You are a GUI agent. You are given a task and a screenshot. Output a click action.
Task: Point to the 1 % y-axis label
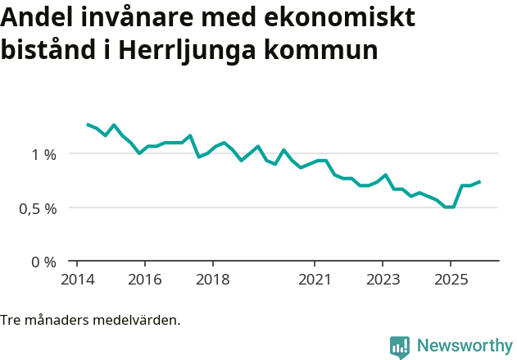44,153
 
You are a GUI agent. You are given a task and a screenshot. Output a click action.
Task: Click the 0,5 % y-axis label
39,208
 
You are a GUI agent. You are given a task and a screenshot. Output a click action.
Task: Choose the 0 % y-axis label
44,262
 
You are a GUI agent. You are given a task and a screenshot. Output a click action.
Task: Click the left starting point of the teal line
88,124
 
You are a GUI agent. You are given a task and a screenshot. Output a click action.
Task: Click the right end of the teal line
479,181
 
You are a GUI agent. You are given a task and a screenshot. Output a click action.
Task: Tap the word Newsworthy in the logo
464,345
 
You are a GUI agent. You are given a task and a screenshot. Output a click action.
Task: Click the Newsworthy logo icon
400,347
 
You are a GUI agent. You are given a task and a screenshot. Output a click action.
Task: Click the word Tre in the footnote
10,320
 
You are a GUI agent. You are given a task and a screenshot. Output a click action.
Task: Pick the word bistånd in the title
51,49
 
